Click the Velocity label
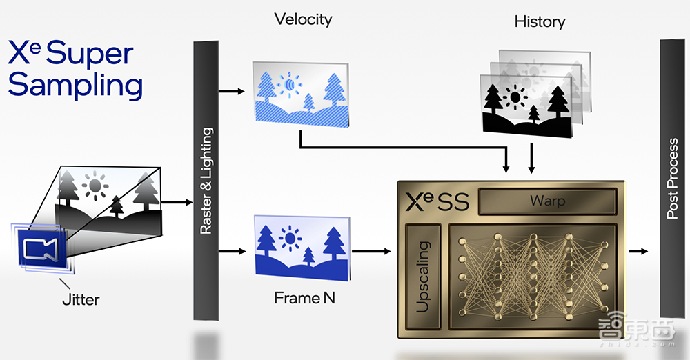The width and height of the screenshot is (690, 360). point(303,19)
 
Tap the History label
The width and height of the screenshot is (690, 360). point(540,21)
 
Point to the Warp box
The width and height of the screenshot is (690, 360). point(546,201)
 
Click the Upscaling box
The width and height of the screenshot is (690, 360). point(423,276)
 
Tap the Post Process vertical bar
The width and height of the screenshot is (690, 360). point(673,179)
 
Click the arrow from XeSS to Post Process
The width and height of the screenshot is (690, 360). point(638,252)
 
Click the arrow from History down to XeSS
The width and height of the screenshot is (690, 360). point(531,158)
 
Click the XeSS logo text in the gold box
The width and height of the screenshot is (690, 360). point(437,201)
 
